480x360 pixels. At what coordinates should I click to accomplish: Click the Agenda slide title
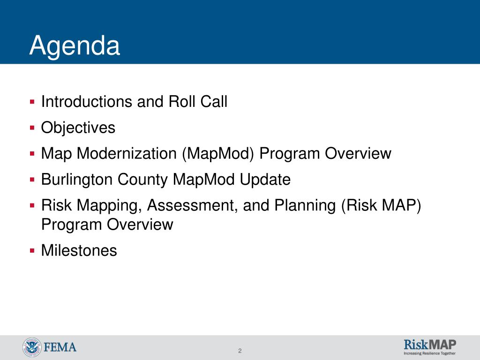75,46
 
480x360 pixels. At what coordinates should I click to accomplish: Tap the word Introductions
87,102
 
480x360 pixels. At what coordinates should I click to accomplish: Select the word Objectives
78,128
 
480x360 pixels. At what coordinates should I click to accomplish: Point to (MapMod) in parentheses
218,154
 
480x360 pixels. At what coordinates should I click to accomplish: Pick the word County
142,180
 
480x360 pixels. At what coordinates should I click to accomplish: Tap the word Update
265,180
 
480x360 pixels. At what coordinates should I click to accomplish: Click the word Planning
305,206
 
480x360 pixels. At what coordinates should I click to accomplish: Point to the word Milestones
79,250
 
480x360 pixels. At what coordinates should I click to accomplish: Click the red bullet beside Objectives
32,127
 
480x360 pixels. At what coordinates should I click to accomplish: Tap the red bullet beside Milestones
32,251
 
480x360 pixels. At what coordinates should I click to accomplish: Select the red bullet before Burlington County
32,179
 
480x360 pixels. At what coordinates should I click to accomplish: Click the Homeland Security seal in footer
32,347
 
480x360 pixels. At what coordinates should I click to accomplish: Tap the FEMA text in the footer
60,347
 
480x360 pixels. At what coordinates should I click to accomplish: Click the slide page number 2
240,351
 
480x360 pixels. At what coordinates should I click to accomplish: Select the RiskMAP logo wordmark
430,345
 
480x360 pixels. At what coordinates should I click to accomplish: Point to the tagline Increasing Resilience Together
430,353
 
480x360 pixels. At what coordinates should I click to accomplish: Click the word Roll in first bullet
182,102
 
